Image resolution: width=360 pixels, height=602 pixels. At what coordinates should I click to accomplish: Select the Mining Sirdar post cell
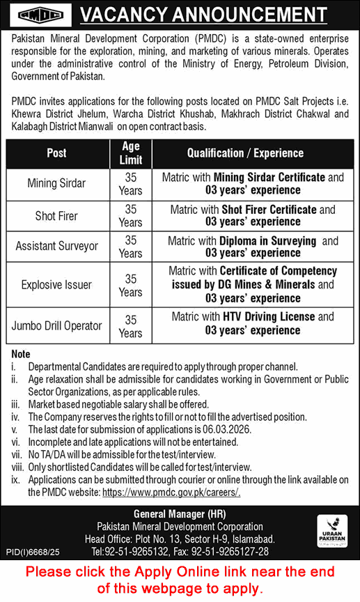[56, 184]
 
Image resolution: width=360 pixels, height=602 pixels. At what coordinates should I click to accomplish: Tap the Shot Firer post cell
[56, 216]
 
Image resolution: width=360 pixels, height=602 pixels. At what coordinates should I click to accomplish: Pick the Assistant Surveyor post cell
[56, 247]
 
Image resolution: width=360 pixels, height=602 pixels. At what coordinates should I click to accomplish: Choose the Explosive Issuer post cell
[56, 285]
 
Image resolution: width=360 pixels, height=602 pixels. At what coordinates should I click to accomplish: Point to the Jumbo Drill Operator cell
[56, 325]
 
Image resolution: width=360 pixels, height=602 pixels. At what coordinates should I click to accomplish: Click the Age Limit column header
[130, 153]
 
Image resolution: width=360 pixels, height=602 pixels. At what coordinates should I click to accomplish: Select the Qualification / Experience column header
[252, 153]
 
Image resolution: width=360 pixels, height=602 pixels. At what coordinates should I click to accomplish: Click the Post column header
[56, 153]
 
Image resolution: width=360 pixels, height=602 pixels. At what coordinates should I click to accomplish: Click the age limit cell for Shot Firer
[130, 216]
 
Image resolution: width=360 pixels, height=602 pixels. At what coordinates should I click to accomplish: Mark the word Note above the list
[21, 354]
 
